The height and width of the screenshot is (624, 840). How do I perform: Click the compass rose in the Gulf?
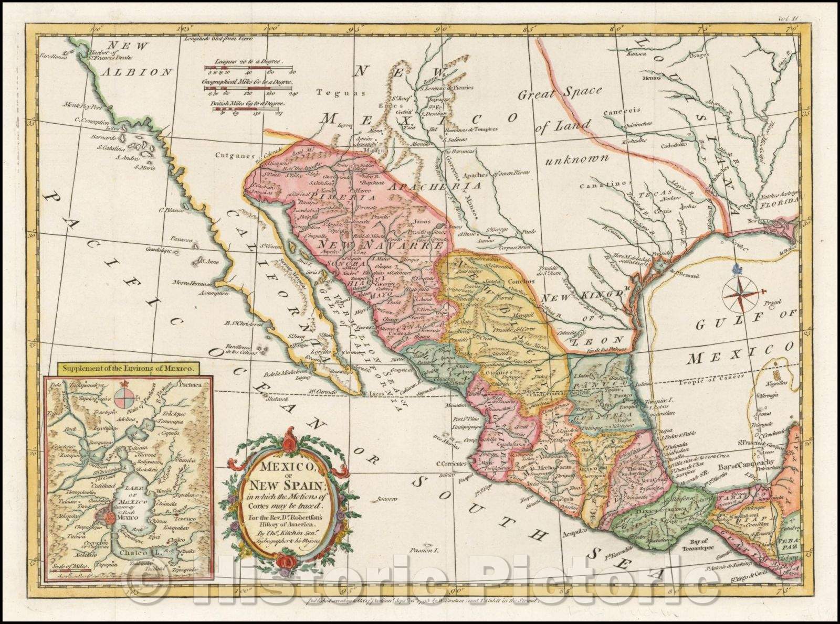tap(742, 292)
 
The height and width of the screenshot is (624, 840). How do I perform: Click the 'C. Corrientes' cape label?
tap(451, 464)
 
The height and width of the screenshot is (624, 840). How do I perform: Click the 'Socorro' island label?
tap(396, 499)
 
